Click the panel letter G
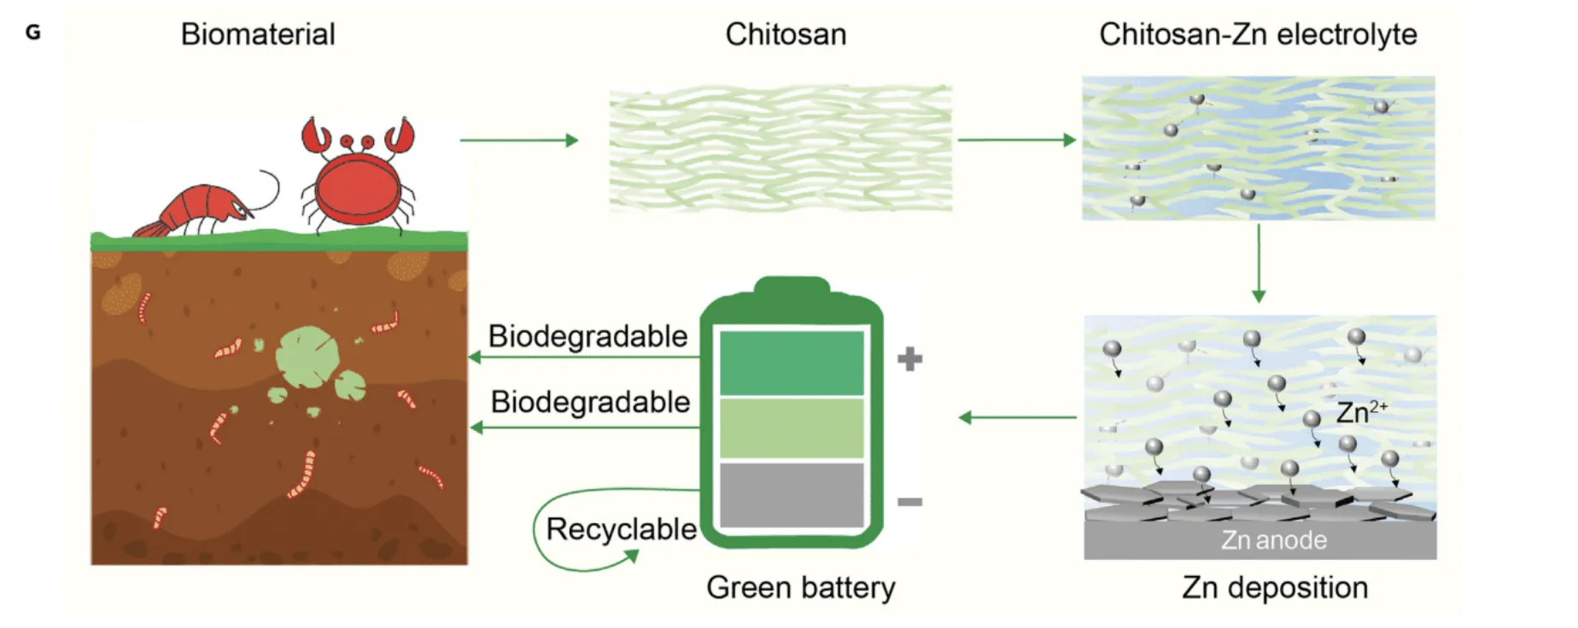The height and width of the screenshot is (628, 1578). coord(33,32)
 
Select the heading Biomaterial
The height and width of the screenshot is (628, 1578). coord(258,34)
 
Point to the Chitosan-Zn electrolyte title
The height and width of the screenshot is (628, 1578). coord(1258,34)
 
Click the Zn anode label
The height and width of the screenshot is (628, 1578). coord(1273,540)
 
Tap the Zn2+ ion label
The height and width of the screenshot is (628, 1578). coord(1361,412)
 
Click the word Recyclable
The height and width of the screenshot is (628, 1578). coord(621,529)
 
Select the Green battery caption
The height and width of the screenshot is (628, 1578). coord(800,587)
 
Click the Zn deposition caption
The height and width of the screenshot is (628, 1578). coord(1274,587)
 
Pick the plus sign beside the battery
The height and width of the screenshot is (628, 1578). coord(909,358)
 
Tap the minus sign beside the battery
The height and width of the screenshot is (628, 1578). coord(909,502)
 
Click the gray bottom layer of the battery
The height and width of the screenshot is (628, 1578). coord(792,495)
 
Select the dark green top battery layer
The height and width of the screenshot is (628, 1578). coord(792,363)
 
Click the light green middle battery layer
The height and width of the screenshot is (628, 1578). coord(792,428)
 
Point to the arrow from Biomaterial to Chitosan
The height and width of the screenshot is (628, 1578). coord(518,140)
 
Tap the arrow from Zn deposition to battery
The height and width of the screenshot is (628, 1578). coord(1017,417)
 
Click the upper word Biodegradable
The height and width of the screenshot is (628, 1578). coord(587,336)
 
